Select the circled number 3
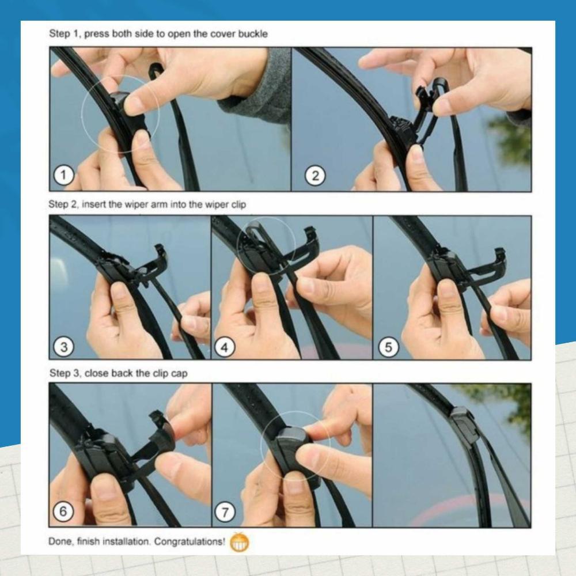pyautogui.click(x=63, y=347)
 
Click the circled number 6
pyautogui.click(x=63, y=511)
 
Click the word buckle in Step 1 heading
pyautogui.click(x=255, y=34)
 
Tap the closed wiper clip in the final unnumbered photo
pyautogui.click(x=465, y=425)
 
